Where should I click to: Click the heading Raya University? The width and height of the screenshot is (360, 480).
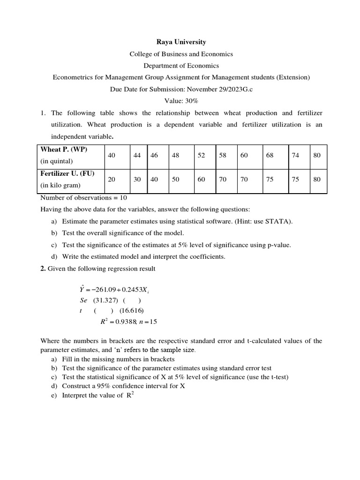click(181, 42)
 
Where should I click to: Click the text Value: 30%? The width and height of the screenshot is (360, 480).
click(181, 101)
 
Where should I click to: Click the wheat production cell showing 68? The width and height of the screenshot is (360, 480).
click(270, 156)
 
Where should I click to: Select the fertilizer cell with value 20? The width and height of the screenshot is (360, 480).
click(112, 180)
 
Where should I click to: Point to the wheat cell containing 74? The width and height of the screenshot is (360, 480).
click(295, 156)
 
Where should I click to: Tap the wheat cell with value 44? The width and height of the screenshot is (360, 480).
click(137, 156)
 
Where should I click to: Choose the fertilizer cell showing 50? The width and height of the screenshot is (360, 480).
click(176, 180)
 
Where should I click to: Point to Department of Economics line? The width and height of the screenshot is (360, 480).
click(181, 66)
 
